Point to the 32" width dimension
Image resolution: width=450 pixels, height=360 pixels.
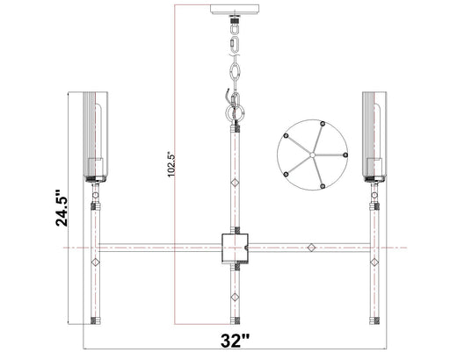pos(235,341)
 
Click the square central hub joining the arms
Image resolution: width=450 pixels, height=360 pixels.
pos(234,248)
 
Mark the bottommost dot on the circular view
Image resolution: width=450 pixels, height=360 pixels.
pos(323,185)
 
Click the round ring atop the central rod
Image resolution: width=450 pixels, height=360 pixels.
pos(233,112)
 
